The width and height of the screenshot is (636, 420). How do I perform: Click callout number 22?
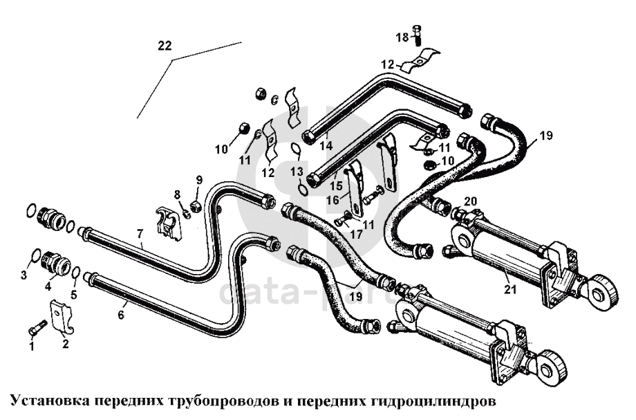click(164, 46)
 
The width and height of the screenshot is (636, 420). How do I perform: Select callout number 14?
click(325, 146)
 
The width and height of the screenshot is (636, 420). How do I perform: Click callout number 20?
click(471, 201)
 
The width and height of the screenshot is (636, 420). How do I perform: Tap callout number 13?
click(297, 170)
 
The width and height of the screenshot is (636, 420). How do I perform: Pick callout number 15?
click(336, 185)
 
